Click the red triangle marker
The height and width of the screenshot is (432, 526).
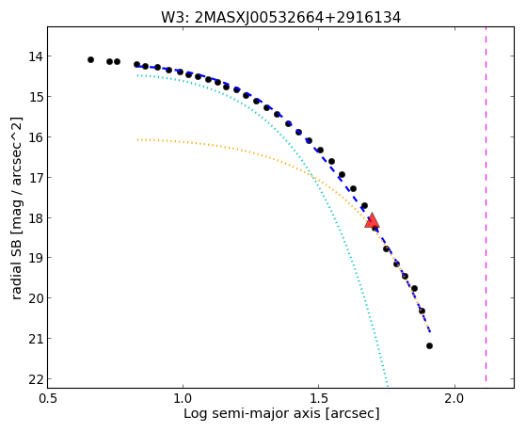(x=372, y=220)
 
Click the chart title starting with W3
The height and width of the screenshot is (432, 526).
(x=280, y=18)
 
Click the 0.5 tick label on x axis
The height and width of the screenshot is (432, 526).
(x=48, y=399)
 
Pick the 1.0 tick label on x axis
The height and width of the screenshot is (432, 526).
(x=183, y=399)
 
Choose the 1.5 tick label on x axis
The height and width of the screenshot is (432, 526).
(x=319, y=399)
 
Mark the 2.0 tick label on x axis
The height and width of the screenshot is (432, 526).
(x=454, y=399)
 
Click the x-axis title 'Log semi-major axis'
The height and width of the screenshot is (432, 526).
(x=251, y=414)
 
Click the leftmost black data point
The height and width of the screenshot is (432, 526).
(x=90, y=59)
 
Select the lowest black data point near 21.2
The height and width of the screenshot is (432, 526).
(x=429, y=345)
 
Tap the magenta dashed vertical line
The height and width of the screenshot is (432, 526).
(x=486, y=204)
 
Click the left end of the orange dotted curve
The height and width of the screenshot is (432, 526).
(x=137, y=139)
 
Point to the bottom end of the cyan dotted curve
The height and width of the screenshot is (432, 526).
(x=388, y=385)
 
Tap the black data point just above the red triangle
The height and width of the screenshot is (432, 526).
(x=364, y=205)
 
